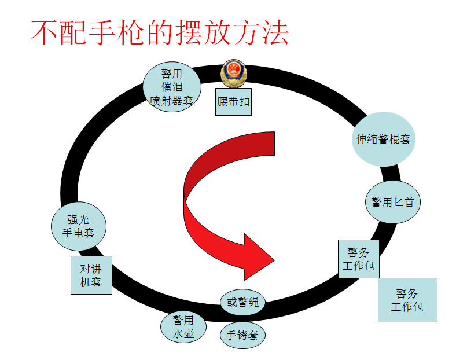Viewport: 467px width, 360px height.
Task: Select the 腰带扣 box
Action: (x=234, y=102)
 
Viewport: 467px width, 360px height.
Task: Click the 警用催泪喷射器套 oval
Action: (x=172, y=87)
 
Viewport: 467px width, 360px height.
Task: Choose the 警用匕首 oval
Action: (x=392, y=202)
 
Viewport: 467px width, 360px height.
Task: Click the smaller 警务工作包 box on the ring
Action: (x=359, y=259)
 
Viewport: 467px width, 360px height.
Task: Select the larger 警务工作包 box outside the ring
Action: (x=407, y=300)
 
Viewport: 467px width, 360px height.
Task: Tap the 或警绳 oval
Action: (x=242, y=302)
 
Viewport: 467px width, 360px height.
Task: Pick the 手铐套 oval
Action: (x=242, y=335)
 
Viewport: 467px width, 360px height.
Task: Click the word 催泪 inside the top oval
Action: (x=172, y=87)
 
